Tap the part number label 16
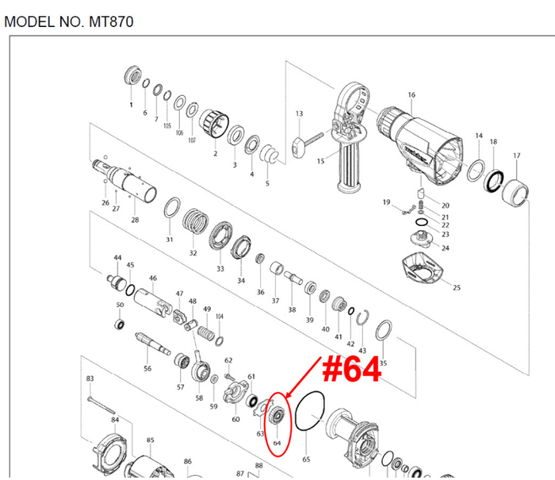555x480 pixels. (411, 95)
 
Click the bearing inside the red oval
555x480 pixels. (277, 415)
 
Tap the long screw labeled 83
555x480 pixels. (102, 398)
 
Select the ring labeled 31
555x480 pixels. (170, 212)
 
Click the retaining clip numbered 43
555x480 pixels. (362, 321)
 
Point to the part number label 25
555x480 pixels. (456, 286)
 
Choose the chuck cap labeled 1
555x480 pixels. (132, 80)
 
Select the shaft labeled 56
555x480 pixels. (154, 343)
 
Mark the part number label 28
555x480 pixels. (134, 220)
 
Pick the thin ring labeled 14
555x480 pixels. (477, 171)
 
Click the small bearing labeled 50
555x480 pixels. (121, 324)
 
